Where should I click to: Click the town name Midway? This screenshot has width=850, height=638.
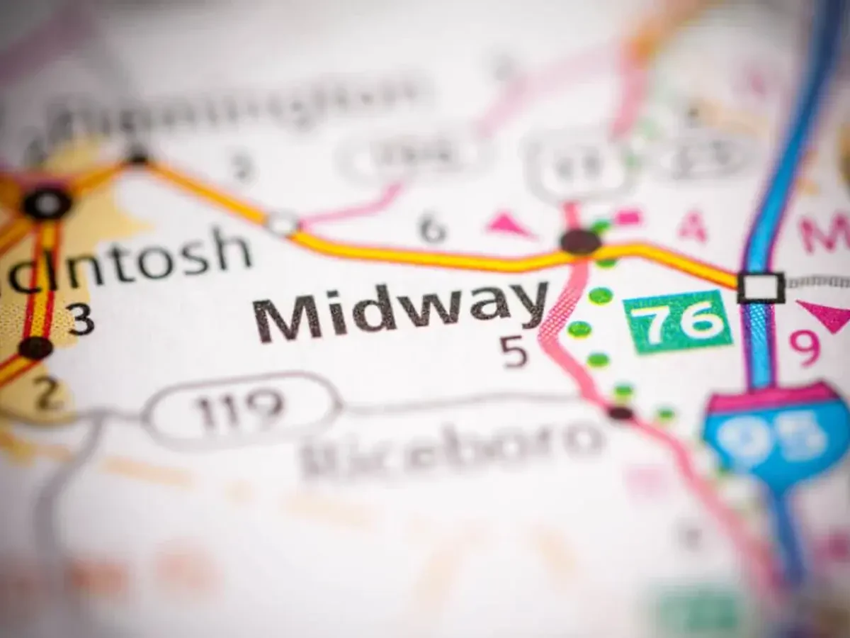401,312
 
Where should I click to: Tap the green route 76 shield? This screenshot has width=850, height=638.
677,321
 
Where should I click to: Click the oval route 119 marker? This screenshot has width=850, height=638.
241,410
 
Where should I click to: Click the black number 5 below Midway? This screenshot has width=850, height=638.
515,352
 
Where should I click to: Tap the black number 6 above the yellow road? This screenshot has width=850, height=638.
433,228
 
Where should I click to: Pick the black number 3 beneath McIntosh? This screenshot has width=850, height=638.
81,320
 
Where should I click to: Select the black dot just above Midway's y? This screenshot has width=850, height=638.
580,242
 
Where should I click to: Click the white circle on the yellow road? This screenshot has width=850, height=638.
282,224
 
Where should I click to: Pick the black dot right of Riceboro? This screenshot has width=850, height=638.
620,413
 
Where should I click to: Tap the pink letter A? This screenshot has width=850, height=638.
692,228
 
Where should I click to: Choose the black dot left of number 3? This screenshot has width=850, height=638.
35,347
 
